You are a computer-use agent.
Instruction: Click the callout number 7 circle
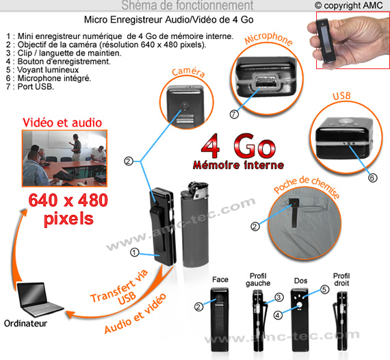234,114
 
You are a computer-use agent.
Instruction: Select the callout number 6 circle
372,178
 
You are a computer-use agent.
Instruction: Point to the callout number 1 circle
135,253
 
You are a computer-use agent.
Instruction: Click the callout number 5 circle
324,290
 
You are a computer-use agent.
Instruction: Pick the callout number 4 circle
278,316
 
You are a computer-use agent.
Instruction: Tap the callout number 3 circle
279,297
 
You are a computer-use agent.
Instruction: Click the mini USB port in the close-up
265,81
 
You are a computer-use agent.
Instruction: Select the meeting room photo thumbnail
65,158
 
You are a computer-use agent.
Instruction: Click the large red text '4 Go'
238,146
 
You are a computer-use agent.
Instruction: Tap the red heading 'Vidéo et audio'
62,123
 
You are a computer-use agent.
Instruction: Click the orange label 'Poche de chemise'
307,186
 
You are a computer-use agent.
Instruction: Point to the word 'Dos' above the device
300,281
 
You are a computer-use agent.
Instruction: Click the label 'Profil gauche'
258,280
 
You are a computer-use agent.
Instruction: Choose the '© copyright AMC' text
349,5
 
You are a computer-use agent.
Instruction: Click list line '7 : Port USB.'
30,87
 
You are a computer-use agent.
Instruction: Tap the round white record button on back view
300,305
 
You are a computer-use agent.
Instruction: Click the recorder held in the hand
326,41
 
